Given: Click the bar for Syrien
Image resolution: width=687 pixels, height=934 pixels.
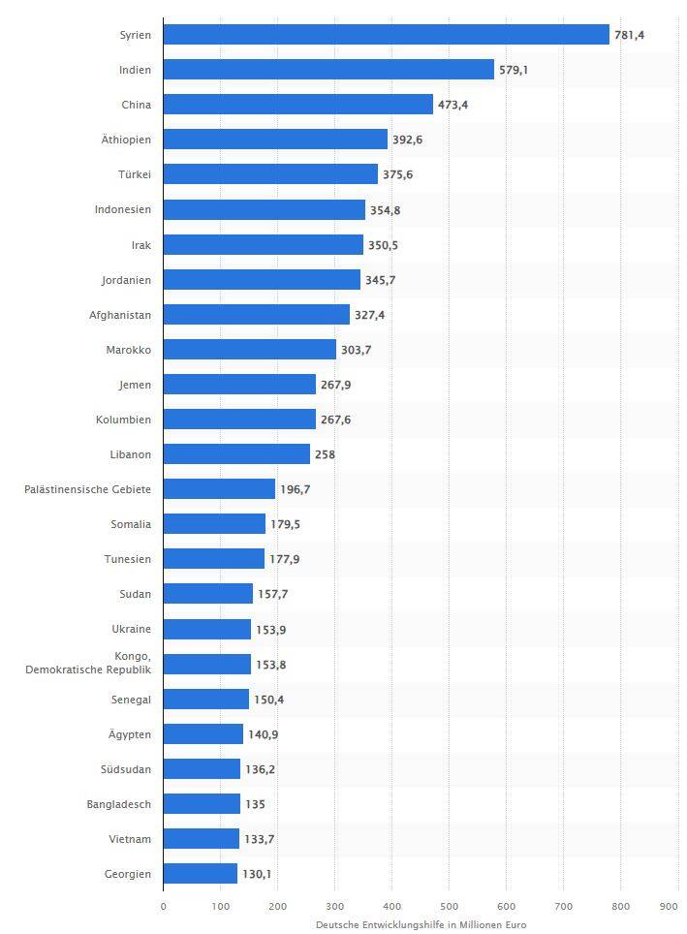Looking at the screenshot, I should point(386,35).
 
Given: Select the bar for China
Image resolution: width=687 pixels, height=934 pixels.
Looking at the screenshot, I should point(297,105).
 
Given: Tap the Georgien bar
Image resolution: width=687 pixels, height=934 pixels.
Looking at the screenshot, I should point(200,874).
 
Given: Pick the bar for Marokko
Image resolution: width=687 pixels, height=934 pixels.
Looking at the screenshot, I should point(249,350).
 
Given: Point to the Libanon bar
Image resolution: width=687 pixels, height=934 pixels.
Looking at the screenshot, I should point(236,454).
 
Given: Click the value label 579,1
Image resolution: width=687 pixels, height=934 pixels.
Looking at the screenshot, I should point(514,70).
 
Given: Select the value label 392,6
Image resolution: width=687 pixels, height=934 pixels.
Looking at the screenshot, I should point(407,140).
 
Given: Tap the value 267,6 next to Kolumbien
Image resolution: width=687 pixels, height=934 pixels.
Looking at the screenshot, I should point(335,420).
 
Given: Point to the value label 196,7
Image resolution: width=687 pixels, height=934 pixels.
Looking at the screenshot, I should point(295,489).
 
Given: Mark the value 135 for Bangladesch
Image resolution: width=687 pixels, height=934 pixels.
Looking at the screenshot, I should point(255,804).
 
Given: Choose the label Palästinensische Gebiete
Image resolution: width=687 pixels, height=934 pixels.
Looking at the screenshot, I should point(87,489).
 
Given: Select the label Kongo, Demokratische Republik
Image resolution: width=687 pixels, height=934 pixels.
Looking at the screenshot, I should point(88,664).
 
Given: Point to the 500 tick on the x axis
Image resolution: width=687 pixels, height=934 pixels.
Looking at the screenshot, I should point(449,907).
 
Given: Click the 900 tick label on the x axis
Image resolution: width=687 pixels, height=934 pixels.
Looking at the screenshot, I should point(669,907).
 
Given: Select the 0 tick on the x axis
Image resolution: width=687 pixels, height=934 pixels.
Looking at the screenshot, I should point(163,907).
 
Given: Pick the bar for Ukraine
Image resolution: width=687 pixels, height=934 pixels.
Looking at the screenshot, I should point(206,630).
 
